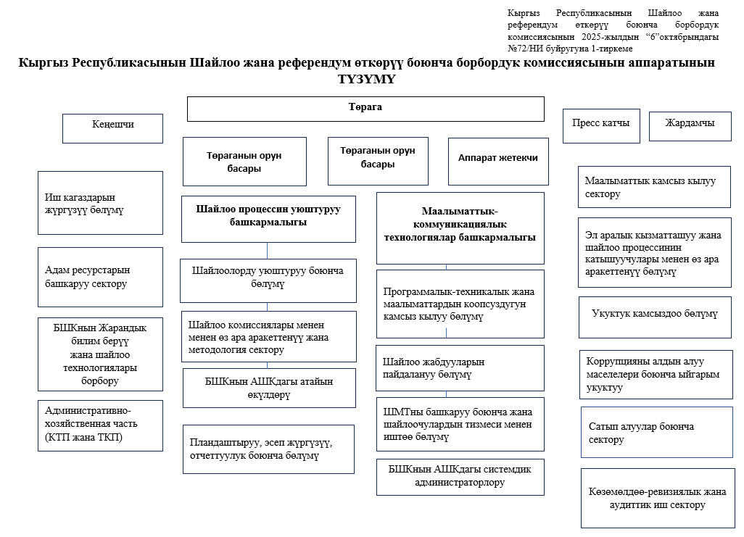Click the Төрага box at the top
tap(365, 109)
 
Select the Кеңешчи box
tap(112, 128)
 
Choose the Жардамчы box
tap(689, 125)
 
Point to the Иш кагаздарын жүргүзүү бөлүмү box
tap(100, 203)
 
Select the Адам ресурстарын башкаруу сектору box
tap(100, 277)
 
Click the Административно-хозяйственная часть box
tap(100, 425)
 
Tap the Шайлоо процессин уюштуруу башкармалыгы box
tap(268, 218)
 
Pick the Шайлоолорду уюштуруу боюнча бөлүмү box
tap(268, 280)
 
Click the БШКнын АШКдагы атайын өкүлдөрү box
tap(268, 388)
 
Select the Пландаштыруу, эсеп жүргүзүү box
tap(268, 449)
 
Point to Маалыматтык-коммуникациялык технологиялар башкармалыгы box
tap(460, 228)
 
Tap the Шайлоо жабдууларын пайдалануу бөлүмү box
tap(460, 368)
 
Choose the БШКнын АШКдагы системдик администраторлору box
tap(460, 476)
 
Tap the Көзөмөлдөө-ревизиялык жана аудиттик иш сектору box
tap(657, 499)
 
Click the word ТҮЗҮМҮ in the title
tap(366, 80)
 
